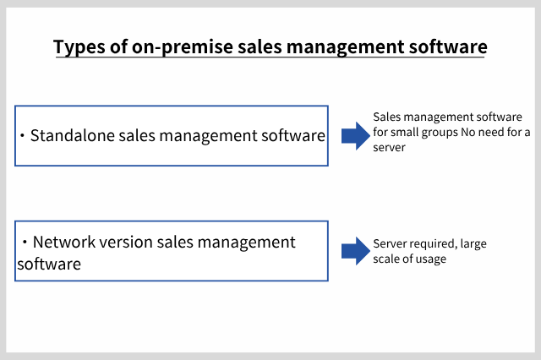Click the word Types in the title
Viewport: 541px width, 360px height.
click(x=79, y=46)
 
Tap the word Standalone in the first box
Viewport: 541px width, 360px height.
click(x=73, y=135)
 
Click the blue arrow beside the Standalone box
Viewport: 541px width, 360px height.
click(x=356, y=136)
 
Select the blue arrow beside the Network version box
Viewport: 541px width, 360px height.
click(x=356, y=251)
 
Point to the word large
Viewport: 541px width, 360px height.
click(x=473, y=244)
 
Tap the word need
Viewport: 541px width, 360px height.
click(x=490, y=132)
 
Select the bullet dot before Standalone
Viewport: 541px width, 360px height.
click(x=23, y=136)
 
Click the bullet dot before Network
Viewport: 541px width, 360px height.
click(x=25, y=243)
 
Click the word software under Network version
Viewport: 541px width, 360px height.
click(x=49, y=265)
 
